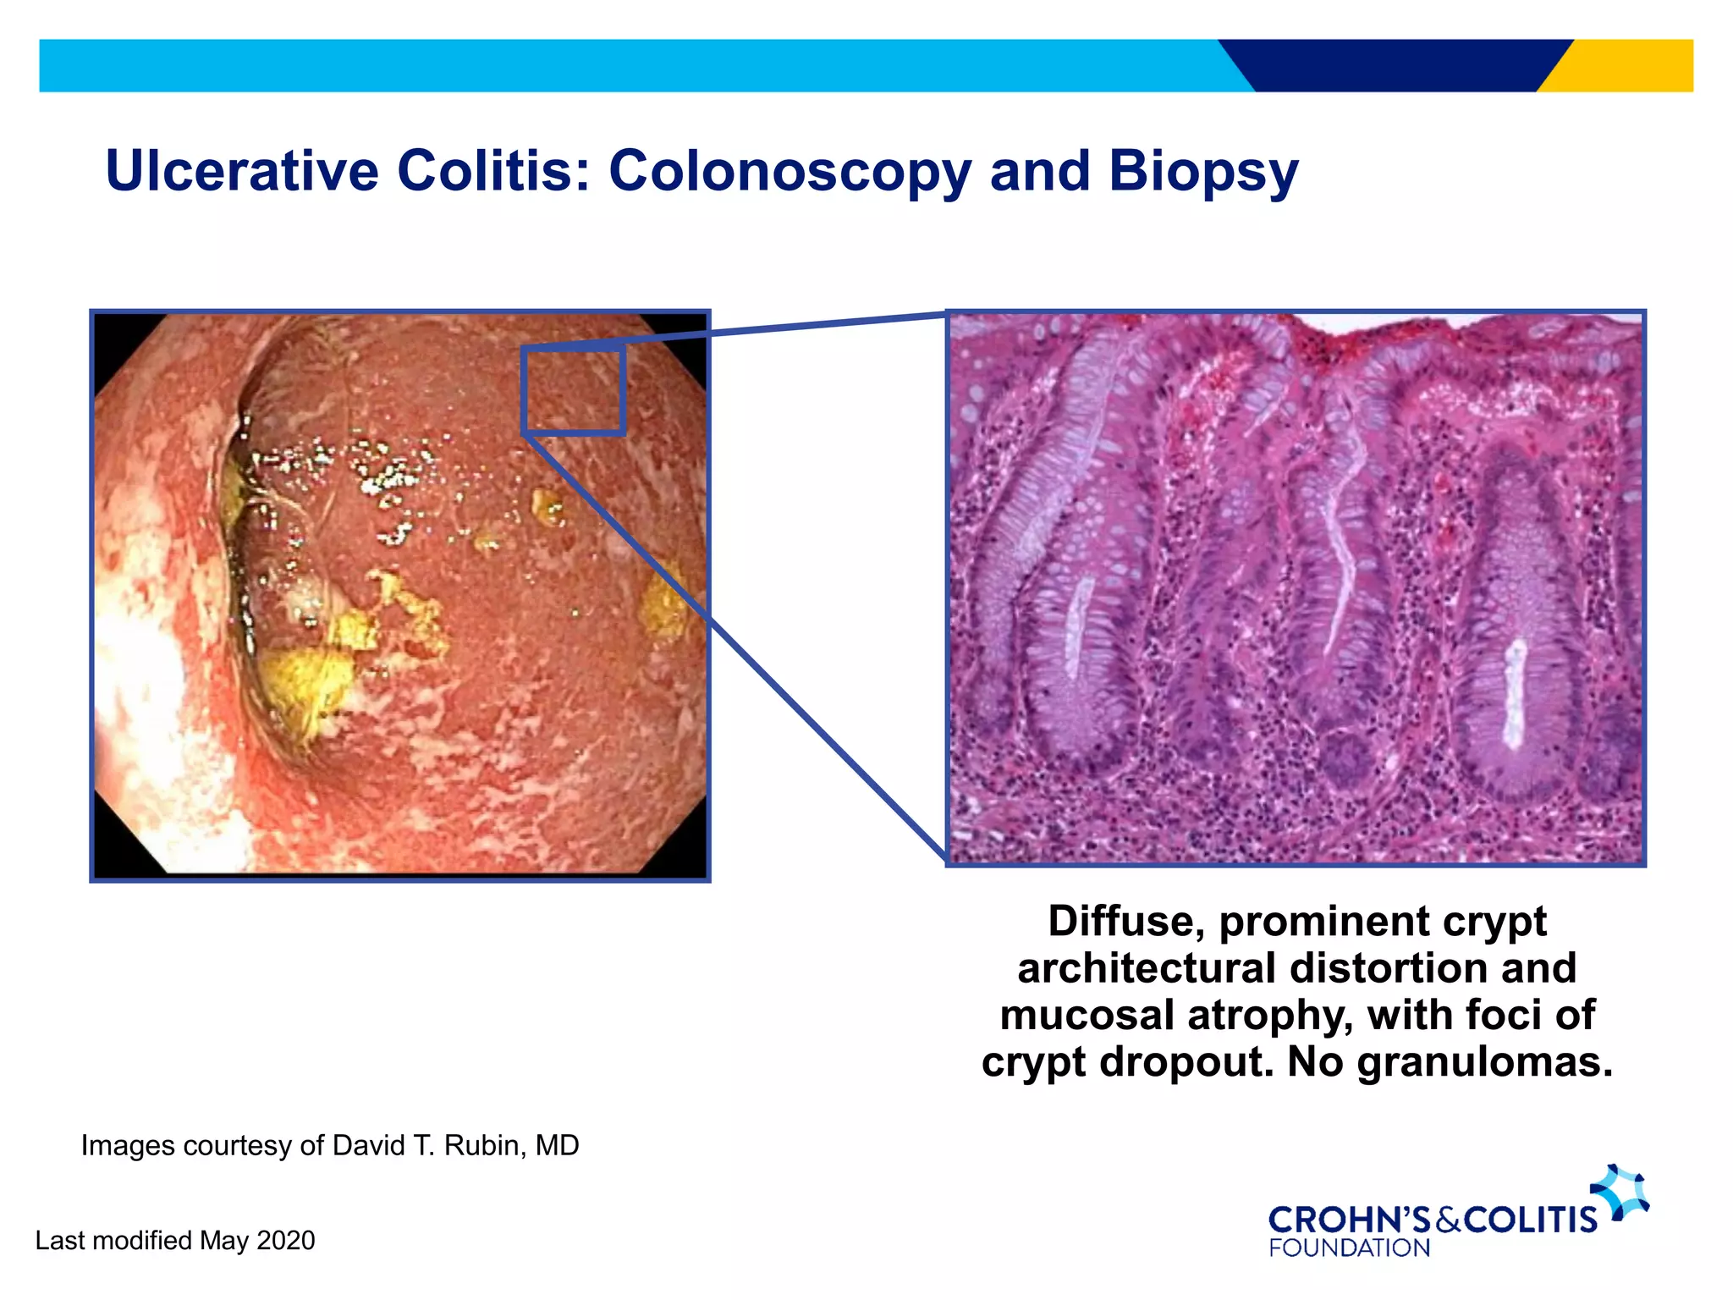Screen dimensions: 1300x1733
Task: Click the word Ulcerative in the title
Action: (241, 171)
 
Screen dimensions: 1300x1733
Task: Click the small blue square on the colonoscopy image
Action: (574, 390)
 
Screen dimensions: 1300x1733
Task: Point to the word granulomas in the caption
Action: (1485, 1061)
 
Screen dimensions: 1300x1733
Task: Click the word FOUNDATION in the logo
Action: (1349, 1248)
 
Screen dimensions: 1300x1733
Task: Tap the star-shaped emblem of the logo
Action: (1620, 1192)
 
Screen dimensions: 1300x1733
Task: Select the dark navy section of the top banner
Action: (1396, 65)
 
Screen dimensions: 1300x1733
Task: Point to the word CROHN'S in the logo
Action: (1349, 1220)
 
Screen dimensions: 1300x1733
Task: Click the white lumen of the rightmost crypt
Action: (1515, 694)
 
